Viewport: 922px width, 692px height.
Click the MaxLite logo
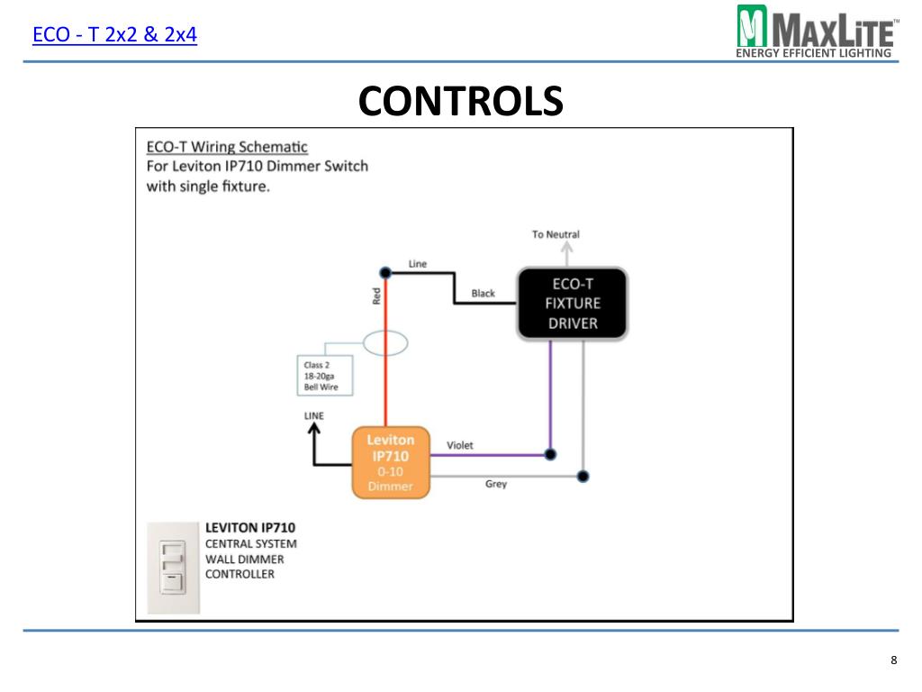(x=818, y=32)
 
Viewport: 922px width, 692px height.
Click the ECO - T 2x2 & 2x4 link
(x=114, y=35)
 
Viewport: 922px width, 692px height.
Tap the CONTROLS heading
(x=460, y=101)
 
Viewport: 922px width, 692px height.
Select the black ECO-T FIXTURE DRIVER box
(x=572, y=304)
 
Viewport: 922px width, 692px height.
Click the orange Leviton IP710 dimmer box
(x=391, y=462)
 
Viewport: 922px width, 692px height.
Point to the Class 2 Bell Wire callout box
(x=325, y=376)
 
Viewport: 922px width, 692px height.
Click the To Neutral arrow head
(x=566, y=246)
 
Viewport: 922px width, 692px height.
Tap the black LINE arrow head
(x=314, y=429)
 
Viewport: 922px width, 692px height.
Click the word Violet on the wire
(x=459, y=445)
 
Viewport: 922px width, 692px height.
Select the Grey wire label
(x=496, y=484)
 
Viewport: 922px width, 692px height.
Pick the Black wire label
(x=483, y=293)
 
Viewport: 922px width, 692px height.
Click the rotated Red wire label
(x=376, y=296)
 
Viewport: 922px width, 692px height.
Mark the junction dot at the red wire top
(x=385, y=272)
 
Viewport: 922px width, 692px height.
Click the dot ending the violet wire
(x=550, y=454)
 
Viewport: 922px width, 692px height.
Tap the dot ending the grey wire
(x=583, y=476)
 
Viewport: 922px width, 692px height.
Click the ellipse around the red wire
(x=385, y=343)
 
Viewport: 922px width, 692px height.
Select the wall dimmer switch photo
(x=174, y=568)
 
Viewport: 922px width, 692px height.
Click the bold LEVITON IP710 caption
(x=250, y=528)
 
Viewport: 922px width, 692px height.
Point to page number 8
(x=894, y=660)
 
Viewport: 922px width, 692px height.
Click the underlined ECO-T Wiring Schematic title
(x=227, y=147)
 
